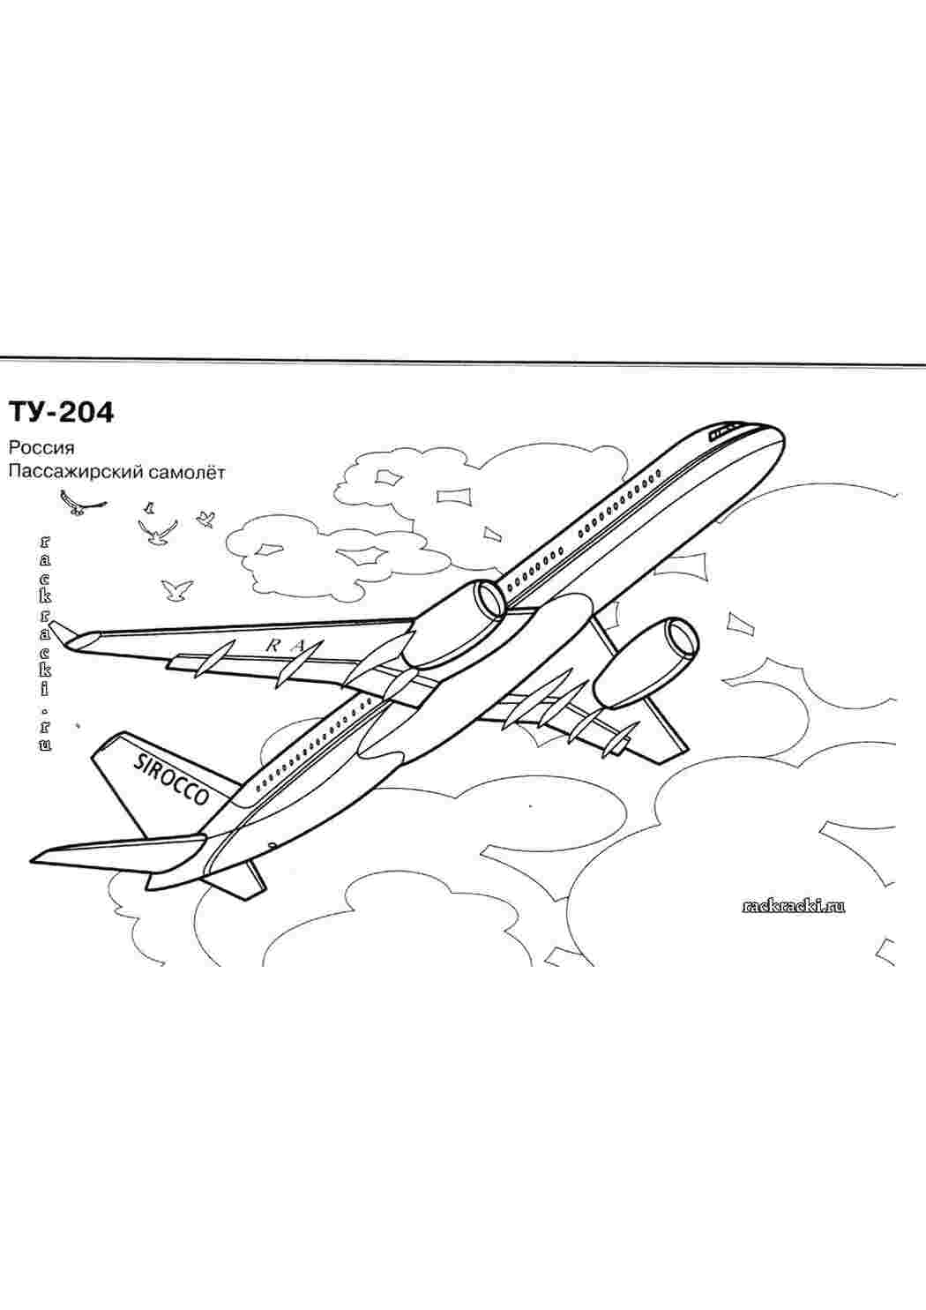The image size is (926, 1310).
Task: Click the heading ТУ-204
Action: tap(60, 412)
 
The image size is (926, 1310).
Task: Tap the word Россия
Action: tap(41, 448)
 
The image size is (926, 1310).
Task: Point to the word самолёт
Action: tap(186, 472)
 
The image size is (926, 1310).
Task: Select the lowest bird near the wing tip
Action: tap(176, 591)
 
